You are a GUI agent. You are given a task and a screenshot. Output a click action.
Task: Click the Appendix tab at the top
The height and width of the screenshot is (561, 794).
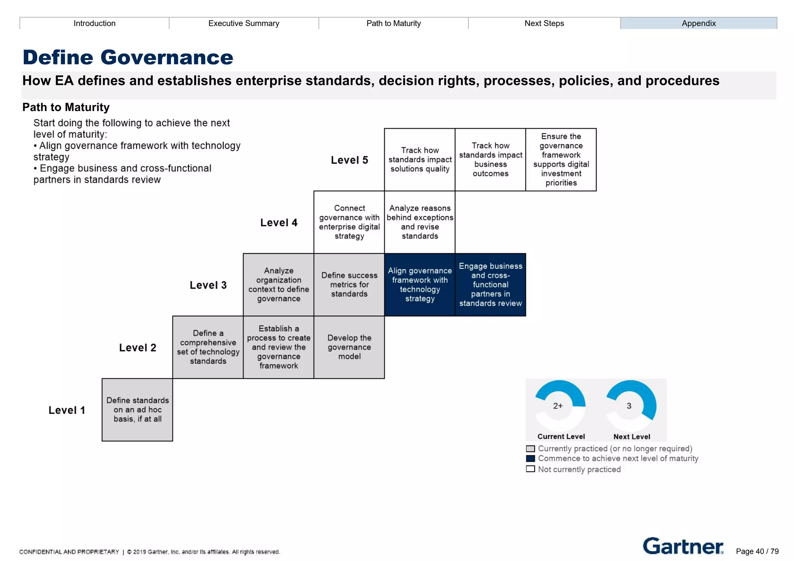[x=699, y=23]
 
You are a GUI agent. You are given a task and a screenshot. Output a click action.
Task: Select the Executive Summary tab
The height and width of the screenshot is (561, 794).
[x=243, y=23]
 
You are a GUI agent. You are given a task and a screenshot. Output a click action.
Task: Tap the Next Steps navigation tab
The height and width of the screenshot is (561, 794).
[x=544, y=23]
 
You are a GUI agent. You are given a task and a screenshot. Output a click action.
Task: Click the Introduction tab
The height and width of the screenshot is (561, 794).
[x=94, y=23]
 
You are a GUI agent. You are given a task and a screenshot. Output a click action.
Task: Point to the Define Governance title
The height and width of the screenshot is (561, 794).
[x=128, y=57]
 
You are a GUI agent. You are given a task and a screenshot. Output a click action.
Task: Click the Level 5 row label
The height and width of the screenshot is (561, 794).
[x=349, y=160]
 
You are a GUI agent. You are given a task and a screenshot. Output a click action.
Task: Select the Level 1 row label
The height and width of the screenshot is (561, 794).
[x=67, y=410]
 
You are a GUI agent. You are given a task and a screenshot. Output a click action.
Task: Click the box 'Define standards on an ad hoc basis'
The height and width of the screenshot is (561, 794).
[x=137, y=410]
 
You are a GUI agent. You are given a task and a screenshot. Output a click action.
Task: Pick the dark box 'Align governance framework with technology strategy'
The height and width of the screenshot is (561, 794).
[x=419, y=285]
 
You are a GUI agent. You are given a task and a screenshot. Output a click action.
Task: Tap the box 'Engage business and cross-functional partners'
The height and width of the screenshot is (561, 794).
[x=490, y=285]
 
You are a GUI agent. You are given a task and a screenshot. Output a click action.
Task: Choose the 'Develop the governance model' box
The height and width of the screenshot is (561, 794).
[x=349, y=347]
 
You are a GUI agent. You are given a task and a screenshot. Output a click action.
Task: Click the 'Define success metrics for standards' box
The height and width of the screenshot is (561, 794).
[x=349, y=285]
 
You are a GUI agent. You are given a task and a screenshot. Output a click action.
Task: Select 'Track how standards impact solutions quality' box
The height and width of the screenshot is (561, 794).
[x=419, y=160]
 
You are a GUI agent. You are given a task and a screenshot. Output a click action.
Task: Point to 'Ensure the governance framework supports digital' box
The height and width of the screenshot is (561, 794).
[x=561, y=160]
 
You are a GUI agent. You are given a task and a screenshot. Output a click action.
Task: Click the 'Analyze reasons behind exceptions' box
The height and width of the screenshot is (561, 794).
[x=419, y=222]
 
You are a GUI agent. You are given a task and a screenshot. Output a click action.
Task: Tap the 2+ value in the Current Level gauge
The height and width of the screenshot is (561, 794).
[x=558, y=406]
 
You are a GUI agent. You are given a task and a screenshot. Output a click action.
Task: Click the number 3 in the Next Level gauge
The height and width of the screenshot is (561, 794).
[x=629, y=406]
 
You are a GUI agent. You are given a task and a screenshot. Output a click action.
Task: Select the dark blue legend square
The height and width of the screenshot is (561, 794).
[x=530, y=459]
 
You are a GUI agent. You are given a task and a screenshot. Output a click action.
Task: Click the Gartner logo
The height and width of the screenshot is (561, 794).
[x=683, y=546]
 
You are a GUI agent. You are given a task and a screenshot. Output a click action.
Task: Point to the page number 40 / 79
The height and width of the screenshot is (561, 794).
[x=757, y=551]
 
